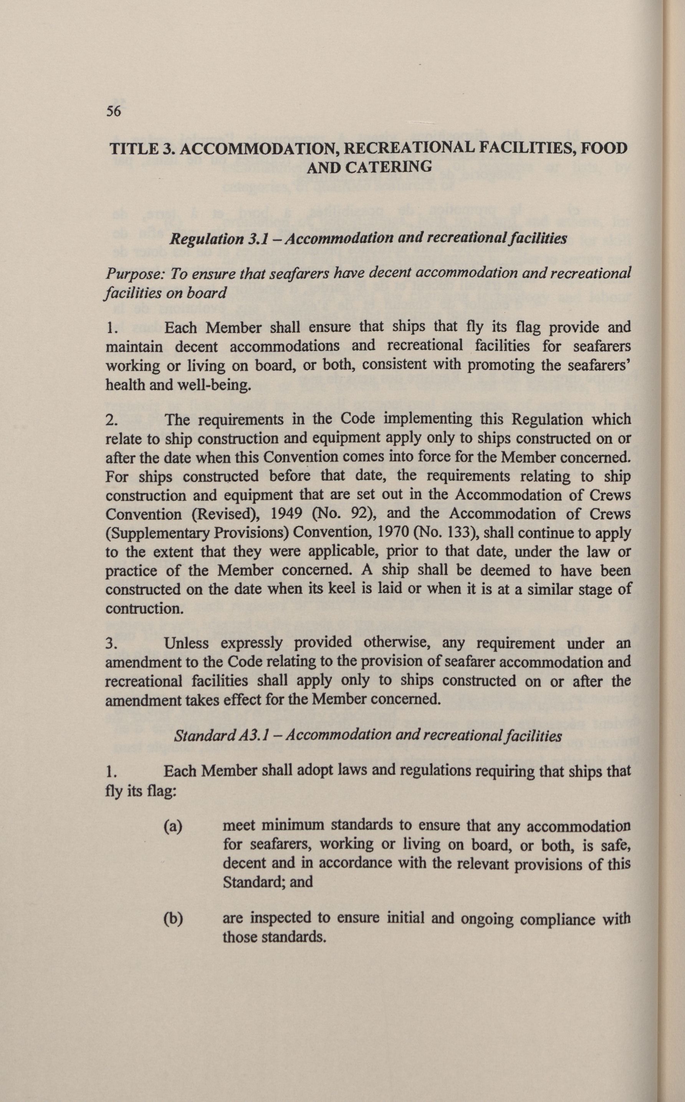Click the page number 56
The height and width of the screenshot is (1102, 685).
point(113,111)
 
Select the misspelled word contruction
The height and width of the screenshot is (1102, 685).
point(144,609)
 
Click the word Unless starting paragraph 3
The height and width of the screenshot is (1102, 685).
point(186,643)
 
